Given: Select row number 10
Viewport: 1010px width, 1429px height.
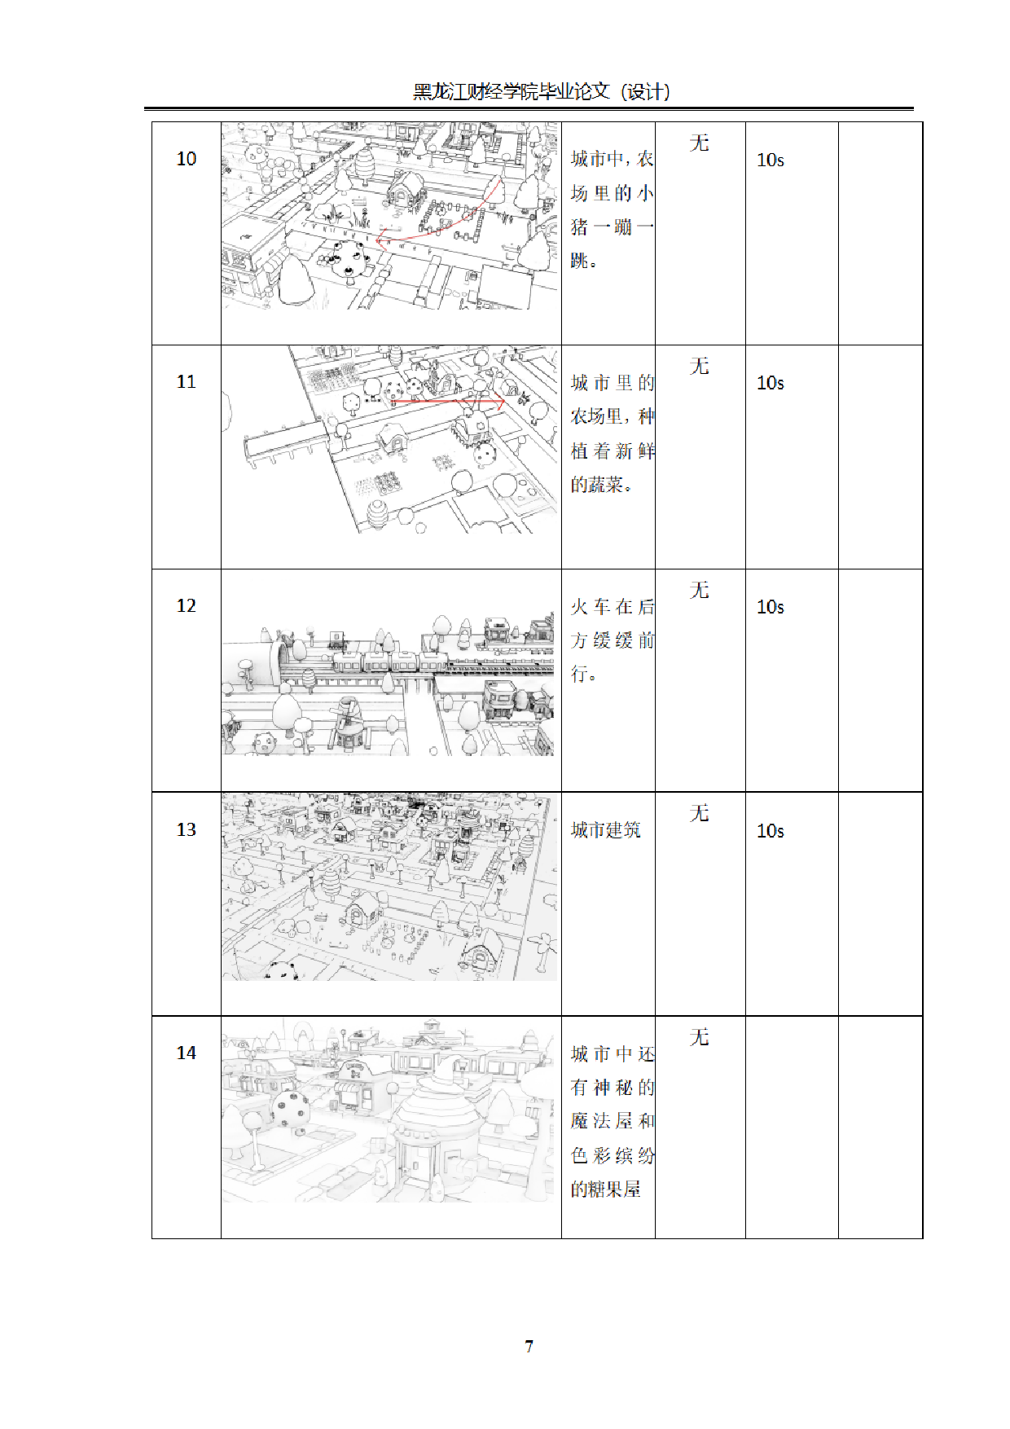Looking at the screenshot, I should (187, 159).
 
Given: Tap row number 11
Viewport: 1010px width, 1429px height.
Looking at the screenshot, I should (187, 382).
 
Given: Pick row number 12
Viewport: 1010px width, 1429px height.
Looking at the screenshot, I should (187, 606).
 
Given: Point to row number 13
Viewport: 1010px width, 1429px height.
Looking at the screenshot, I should (187, 829).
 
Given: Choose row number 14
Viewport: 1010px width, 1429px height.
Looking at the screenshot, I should (187, 1053).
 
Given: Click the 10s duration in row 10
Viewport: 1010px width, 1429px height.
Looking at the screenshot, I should (771, 160).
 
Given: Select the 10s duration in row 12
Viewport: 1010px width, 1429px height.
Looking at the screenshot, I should (771, 607).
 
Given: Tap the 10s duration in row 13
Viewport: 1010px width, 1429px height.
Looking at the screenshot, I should (771, 831).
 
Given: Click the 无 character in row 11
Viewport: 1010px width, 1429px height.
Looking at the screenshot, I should (700, 367).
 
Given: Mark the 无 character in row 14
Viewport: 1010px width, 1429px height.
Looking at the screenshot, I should (700, 1037).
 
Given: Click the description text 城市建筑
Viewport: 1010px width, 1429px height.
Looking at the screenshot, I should (605, 830).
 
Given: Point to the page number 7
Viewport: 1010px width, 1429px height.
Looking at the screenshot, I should (529, 1346).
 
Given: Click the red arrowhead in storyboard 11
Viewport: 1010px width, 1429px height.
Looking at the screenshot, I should (500, 402).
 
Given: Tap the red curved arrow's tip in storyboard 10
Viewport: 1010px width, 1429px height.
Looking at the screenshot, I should (379, 240).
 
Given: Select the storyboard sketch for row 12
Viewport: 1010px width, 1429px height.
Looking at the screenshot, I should (388, 684).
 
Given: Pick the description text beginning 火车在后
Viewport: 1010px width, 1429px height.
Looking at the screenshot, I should (613, 640).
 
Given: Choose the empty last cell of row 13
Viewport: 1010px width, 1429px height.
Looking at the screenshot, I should (880, 904).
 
